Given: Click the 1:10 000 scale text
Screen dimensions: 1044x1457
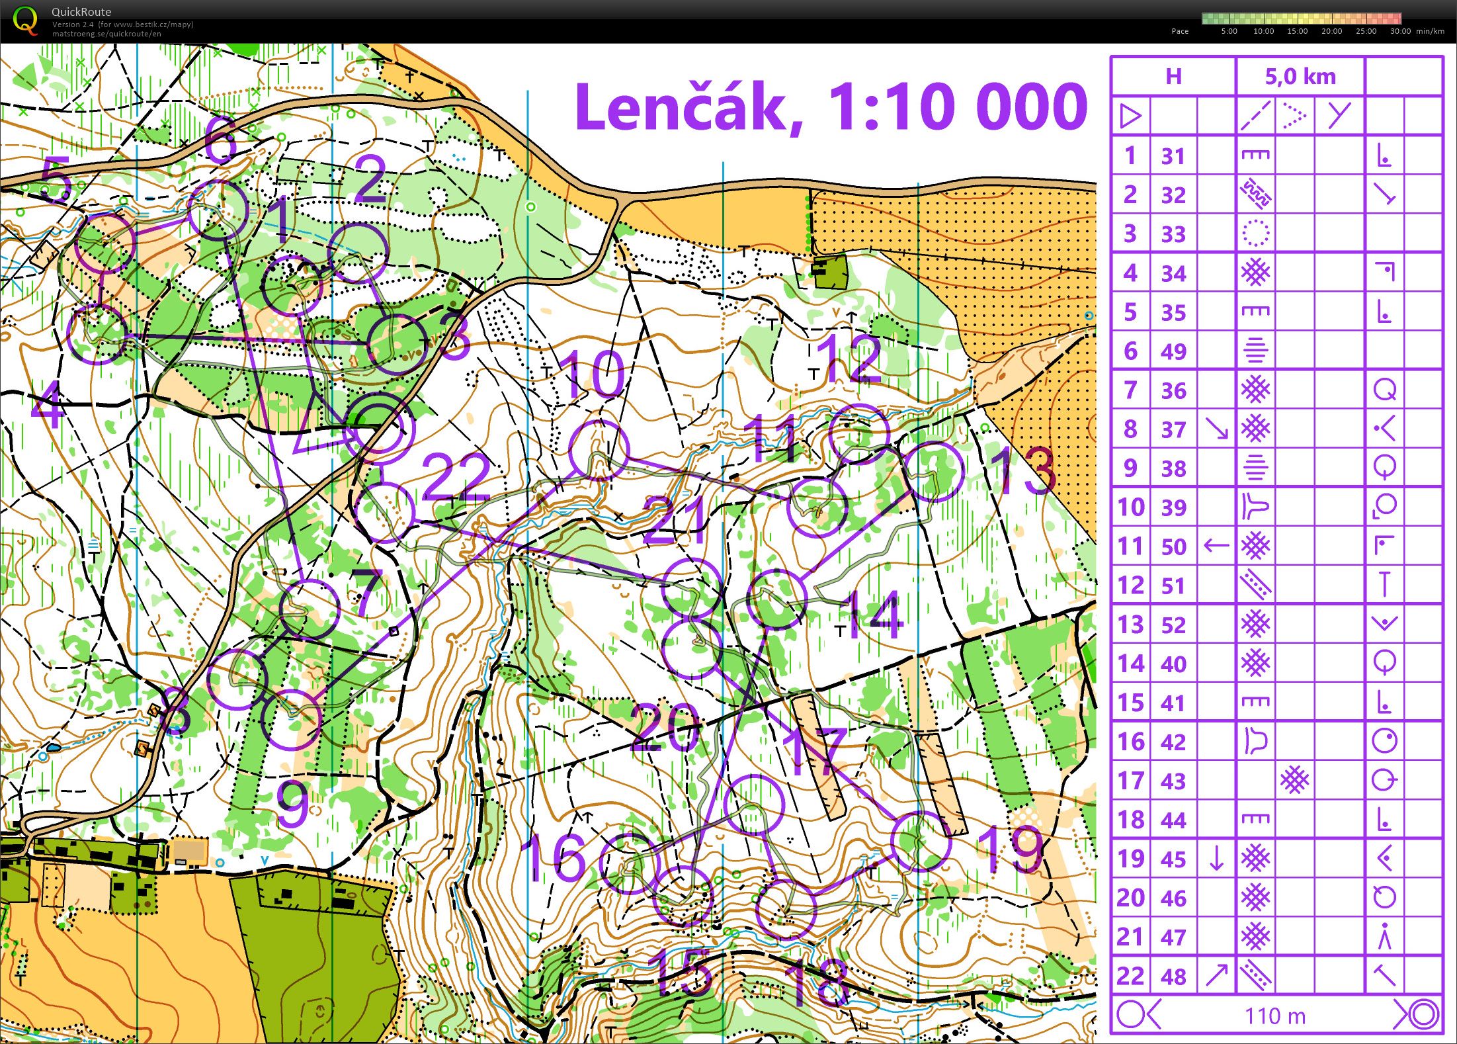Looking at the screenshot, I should (957, 107).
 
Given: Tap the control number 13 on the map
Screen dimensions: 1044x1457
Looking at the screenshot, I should (1024, 471).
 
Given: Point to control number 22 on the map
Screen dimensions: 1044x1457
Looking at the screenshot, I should (456, 478).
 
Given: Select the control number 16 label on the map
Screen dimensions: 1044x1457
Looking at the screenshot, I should (554, 858).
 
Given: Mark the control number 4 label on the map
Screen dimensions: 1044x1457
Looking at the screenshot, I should (48, 404).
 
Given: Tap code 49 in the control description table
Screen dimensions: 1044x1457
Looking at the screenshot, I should (1173, 351).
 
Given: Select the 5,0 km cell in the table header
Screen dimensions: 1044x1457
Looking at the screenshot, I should (1300, 77).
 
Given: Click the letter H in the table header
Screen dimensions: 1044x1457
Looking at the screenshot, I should (1173, 77).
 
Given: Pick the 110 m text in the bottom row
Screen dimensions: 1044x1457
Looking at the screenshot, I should (1275, 1016).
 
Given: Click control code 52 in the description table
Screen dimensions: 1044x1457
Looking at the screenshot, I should (1173, 625).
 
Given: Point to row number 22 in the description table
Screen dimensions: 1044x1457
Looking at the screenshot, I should (1130, 976).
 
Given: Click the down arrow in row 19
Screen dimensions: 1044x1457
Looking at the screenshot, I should (1216, 859).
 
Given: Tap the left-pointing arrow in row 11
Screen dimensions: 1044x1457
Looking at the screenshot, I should (1216, 546).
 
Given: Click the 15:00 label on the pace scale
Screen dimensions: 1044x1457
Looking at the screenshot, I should (1297, 31).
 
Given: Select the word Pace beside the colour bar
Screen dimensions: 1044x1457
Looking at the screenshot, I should (1180, 31).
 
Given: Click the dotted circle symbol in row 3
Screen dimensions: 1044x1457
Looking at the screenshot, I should (1255, 234).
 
